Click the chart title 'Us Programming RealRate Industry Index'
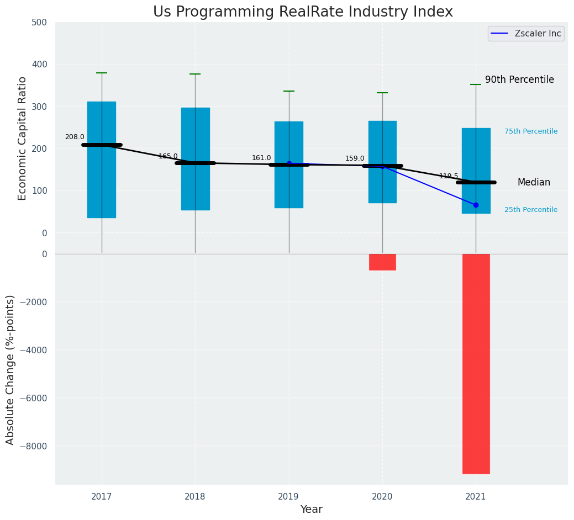303,12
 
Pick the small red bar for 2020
382,262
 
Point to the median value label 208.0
75,137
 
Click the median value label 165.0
168,156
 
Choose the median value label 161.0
261,158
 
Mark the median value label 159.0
355,158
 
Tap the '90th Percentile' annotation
519,79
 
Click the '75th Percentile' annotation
531,131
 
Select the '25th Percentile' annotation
531,210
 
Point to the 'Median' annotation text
534,182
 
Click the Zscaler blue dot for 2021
476,205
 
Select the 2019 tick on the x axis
288,497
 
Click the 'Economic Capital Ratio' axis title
23,138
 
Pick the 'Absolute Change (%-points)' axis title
10,369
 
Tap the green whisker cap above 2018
195,74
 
